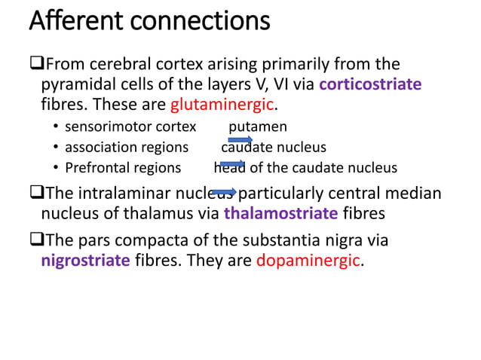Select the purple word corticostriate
pyautogui.click(x=370, y=84)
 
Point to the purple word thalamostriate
pyautogui.click(x=280, y=213)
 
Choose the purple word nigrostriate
pyautogui.click(x=87, y=261)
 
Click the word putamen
pyautogui.click(x=258, y=127)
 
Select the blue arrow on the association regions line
pyautogui.click(x=240, y=139)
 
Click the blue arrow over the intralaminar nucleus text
pyautogui.click(x=224, y=193)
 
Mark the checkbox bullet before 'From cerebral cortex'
pyautogui.click(x=35, y=65)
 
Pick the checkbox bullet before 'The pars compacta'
pyautogui.click(x=35, y=243)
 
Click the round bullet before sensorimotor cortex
pyautogui.click(x=56, y=127)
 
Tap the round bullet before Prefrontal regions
pyautogui.click(x=56, y=168)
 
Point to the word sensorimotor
pyautogui.click(x=101, y=127)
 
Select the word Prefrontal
pyautogui.click(x=94, y=167)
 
